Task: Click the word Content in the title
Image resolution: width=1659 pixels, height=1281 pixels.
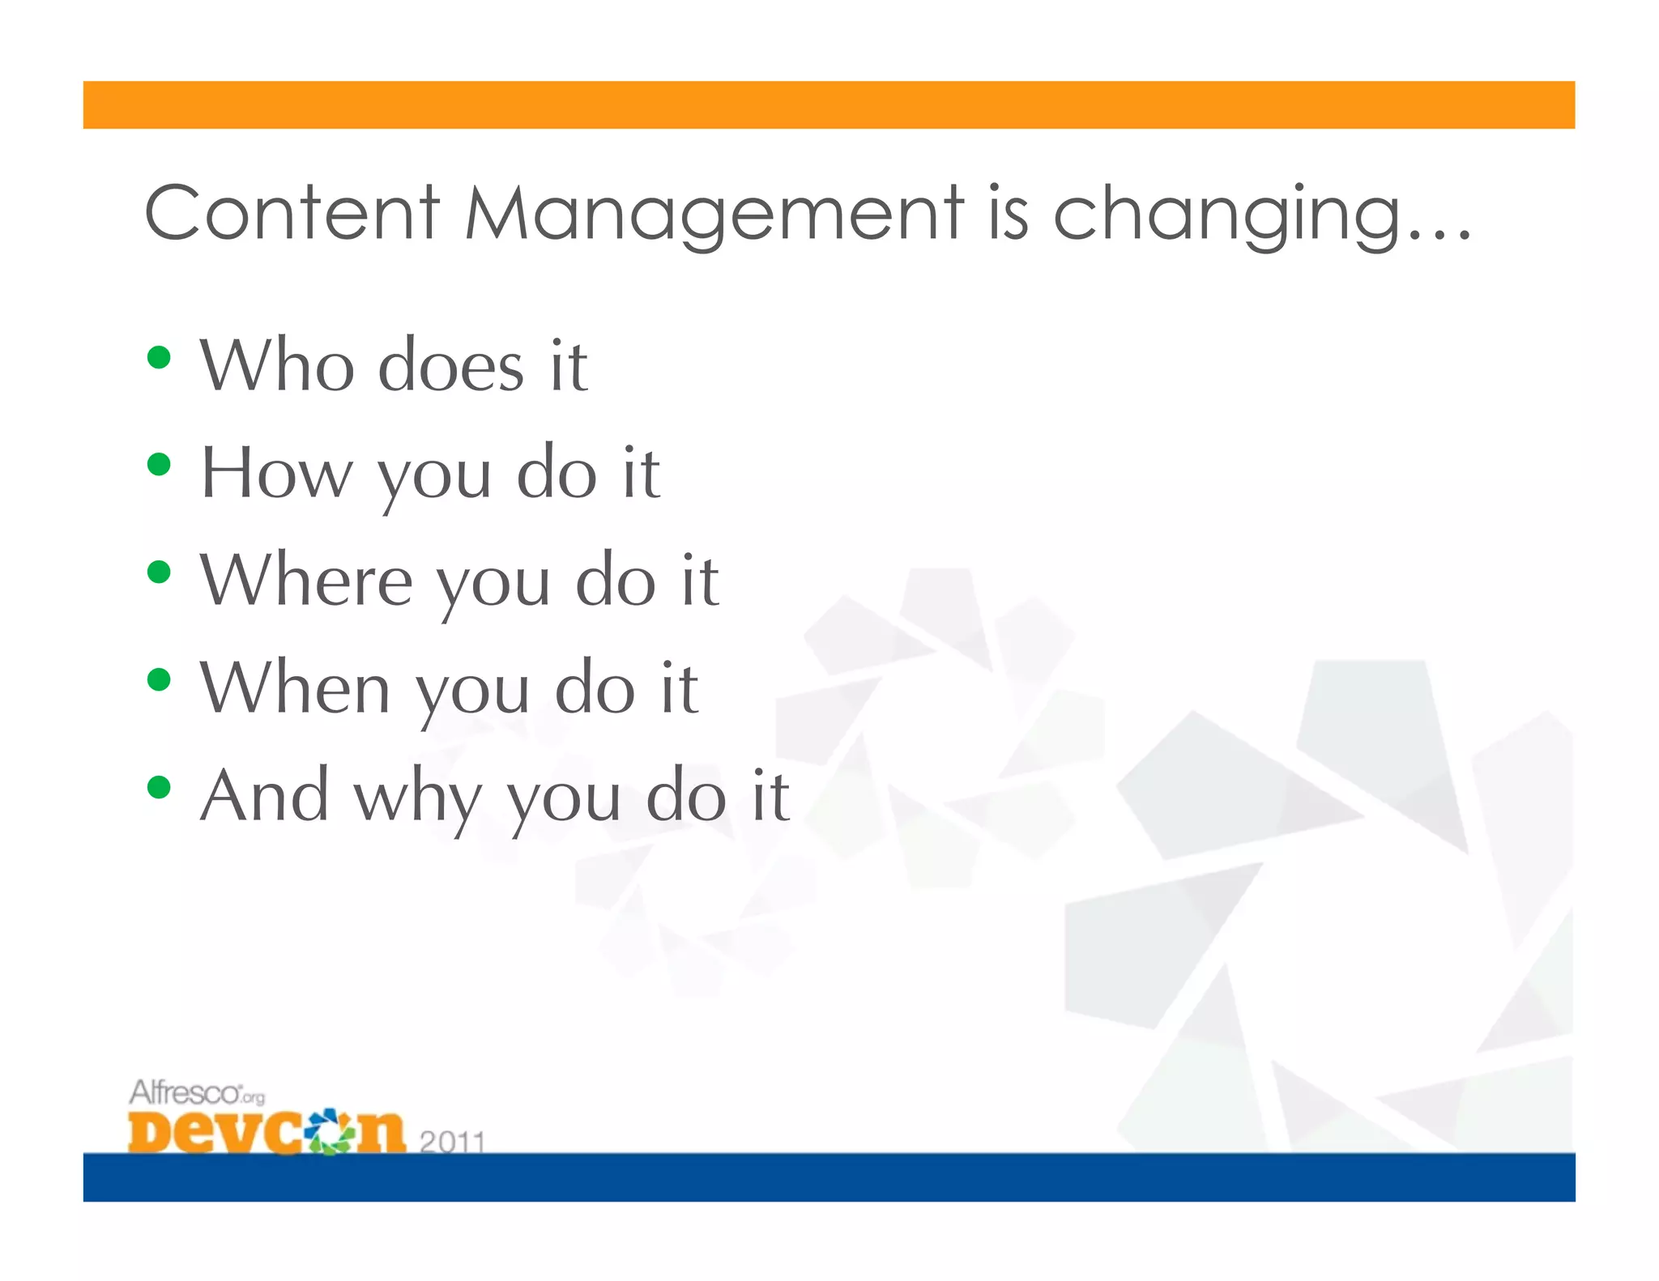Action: [292, 213]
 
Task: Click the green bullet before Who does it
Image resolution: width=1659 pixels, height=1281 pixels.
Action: [159, 357]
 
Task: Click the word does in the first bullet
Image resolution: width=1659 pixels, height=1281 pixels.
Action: [451, 367]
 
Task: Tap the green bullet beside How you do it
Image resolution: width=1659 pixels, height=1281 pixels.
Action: [159, 464]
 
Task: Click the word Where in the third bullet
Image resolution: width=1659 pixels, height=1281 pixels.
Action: [306, 580]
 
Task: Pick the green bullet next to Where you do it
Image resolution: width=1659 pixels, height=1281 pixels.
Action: [159, 572]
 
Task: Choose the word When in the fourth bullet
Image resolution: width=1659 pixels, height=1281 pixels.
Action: [296, 687]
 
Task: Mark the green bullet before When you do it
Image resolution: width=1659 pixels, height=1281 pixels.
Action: [159, 679]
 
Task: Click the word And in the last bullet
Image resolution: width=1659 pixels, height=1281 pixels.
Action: [264, 795]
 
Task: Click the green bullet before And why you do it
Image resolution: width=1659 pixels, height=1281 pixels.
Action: [159, 786]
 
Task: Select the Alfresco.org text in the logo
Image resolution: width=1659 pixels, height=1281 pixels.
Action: [196, 1093]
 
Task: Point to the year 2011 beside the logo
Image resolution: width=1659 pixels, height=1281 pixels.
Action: [452, 1142]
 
